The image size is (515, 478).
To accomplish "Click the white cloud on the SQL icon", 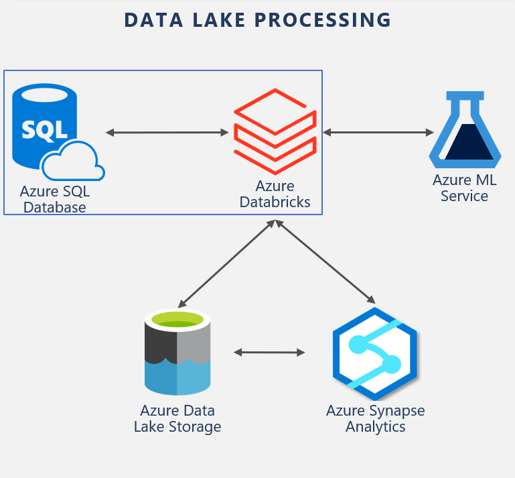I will point(73,162).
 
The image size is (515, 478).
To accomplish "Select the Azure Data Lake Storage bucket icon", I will point(177,353).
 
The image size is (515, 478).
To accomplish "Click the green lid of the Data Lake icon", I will point(177,319).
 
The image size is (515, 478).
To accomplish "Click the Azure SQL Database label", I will point(54,199).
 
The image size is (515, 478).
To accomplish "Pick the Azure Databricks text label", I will point(275,194).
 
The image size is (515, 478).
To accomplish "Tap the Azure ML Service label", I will point(464,188).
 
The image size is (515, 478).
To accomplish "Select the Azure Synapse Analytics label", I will point(375,418).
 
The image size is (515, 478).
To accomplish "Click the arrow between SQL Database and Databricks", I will point(167,133).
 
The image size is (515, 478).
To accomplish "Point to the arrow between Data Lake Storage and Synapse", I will point(269,352).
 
